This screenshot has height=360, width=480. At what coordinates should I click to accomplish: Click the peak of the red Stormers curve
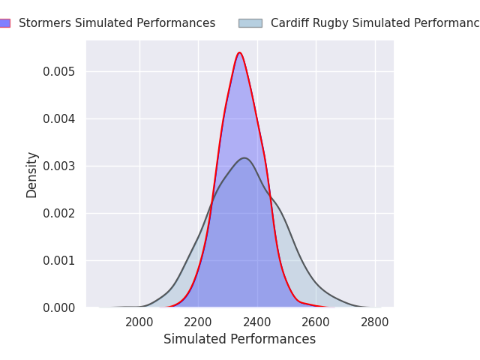[x=239, y=52]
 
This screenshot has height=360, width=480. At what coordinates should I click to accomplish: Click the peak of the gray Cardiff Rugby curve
[x=244, y=157]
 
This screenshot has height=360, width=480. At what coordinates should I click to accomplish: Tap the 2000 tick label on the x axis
[x=139, y=322]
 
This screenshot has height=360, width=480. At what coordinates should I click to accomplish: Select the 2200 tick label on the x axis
[x=198, y=322]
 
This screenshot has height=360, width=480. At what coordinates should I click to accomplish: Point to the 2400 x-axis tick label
[x=257, y=322]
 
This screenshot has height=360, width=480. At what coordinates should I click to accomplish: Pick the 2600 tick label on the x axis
[x=316, y=322]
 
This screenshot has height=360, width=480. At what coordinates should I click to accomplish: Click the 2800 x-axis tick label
[x=375, y=322]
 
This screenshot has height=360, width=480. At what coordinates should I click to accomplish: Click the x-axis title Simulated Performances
[x=239, y=339]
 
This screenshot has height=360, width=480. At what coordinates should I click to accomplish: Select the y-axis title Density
[x=32, y=174]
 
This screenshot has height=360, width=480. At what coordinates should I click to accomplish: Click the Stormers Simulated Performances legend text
[x=117, y=23]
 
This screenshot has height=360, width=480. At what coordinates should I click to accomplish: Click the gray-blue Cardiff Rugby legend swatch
[x=250, y=23]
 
